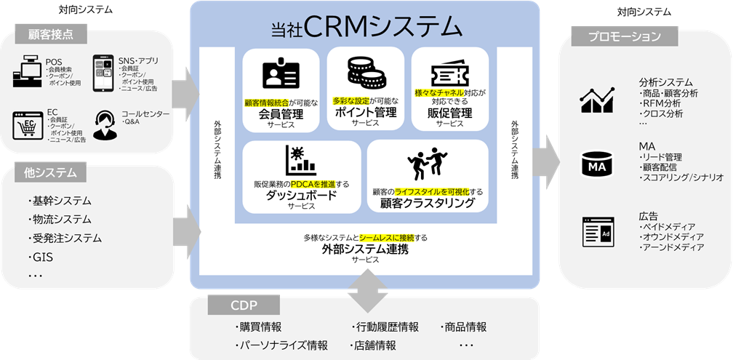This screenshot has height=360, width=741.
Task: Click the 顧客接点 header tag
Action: coord(50,33)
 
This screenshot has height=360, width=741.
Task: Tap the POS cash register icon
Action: coord(28,72)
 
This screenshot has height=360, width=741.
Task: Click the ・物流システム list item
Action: coord(61,219)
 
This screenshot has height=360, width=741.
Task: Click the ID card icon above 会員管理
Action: coord(280,75)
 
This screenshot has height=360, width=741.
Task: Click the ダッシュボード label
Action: coord(301,195)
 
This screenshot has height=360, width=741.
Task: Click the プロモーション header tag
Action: coord(625,36)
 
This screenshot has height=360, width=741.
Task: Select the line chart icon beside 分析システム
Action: coord(597,99)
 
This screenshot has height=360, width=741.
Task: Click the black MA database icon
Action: coord(597,166)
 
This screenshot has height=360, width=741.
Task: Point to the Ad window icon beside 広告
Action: coord(597,231)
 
